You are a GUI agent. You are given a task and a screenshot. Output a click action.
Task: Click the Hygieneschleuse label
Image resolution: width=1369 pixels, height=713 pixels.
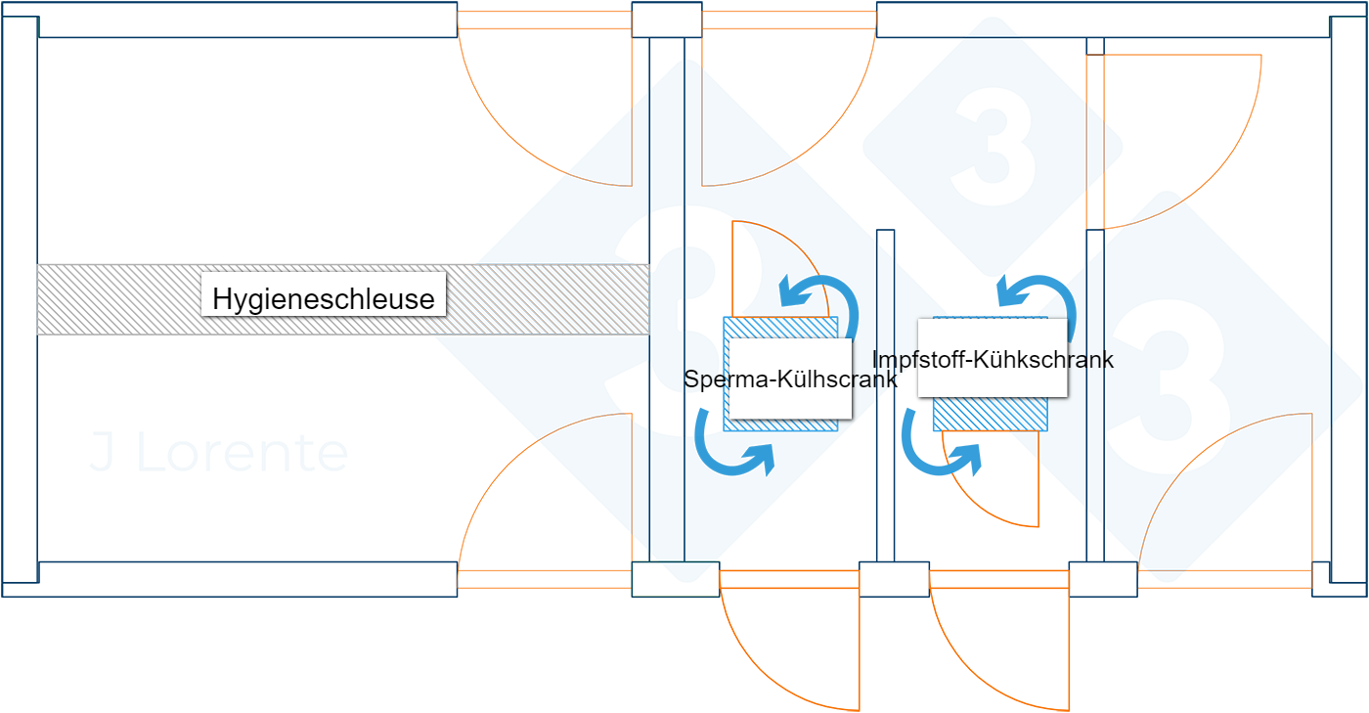(x=324, y=298)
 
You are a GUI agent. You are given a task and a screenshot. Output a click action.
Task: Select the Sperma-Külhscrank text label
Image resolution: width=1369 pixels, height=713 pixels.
(x=790, y=379)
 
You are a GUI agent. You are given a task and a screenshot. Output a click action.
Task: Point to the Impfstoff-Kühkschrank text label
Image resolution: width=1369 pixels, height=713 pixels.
(x=992, y=360)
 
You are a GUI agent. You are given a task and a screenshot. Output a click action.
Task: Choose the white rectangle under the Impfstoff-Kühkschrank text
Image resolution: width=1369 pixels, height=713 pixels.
(x=992, y=381)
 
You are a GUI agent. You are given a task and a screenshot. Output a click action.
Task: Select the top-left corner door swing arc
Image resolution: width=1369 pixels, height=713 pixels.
(x=543, y=108)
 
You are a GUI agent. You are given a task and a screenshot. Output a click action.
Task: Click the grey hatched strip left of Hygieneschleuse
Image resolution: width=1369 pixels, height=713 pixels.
(x=117, y=299)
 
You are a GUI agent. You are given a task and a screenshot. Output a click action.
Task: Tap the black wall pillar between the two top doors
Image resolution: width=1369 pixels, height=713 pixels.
(x=667, y=20)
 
